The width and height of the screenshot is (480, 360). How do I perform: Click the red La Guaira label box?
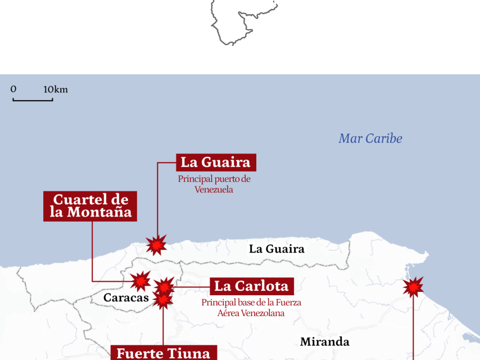coord(216,163)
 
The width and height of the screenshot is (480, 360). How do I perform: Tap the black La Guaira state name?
coord(277,249)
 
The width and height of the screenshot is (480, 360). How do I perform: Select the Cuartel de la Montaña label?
coord(90,206)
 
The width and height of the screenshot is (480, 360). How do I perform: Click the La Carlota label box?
coord(251,286)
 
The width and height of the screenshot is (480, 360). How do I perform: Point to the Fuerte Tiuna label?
coord(163,353)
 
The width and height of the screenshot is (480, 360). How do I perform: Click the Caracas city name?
coord(126,298)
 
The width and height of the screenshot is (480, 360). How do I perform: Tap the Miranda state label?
coord(324,341)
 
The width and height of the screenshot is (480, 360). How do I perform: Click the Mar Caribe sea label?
coord(370,138)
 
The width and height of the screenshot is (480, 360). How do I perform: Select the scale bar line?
coord(33,100)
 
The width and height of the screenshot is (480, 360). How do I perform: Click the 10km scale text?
coord(55,89)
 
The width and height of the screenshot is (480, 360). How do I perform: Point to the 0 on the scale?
coord(13,89)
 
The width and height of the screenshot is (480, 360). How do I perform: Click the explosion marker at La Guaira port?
coord(156,245)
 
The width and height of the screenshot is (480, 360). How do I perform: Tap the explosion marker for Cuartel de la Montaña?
coord(140,281)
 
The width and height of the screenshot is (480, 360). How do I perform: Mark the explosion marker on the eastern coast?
coord(413,287)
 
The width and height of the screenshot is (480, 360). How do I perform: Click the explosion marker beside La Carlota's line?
coord(165,287)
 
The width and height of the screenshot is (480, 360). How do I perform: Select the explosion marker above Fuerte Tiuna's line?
coord(163,300)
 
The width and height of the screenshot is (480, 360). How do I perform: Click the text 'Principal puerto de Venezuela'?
coord(214,184)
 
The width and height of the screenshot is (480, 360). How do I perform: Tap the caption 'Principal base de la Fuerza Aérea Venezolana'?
coord(251,307)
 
